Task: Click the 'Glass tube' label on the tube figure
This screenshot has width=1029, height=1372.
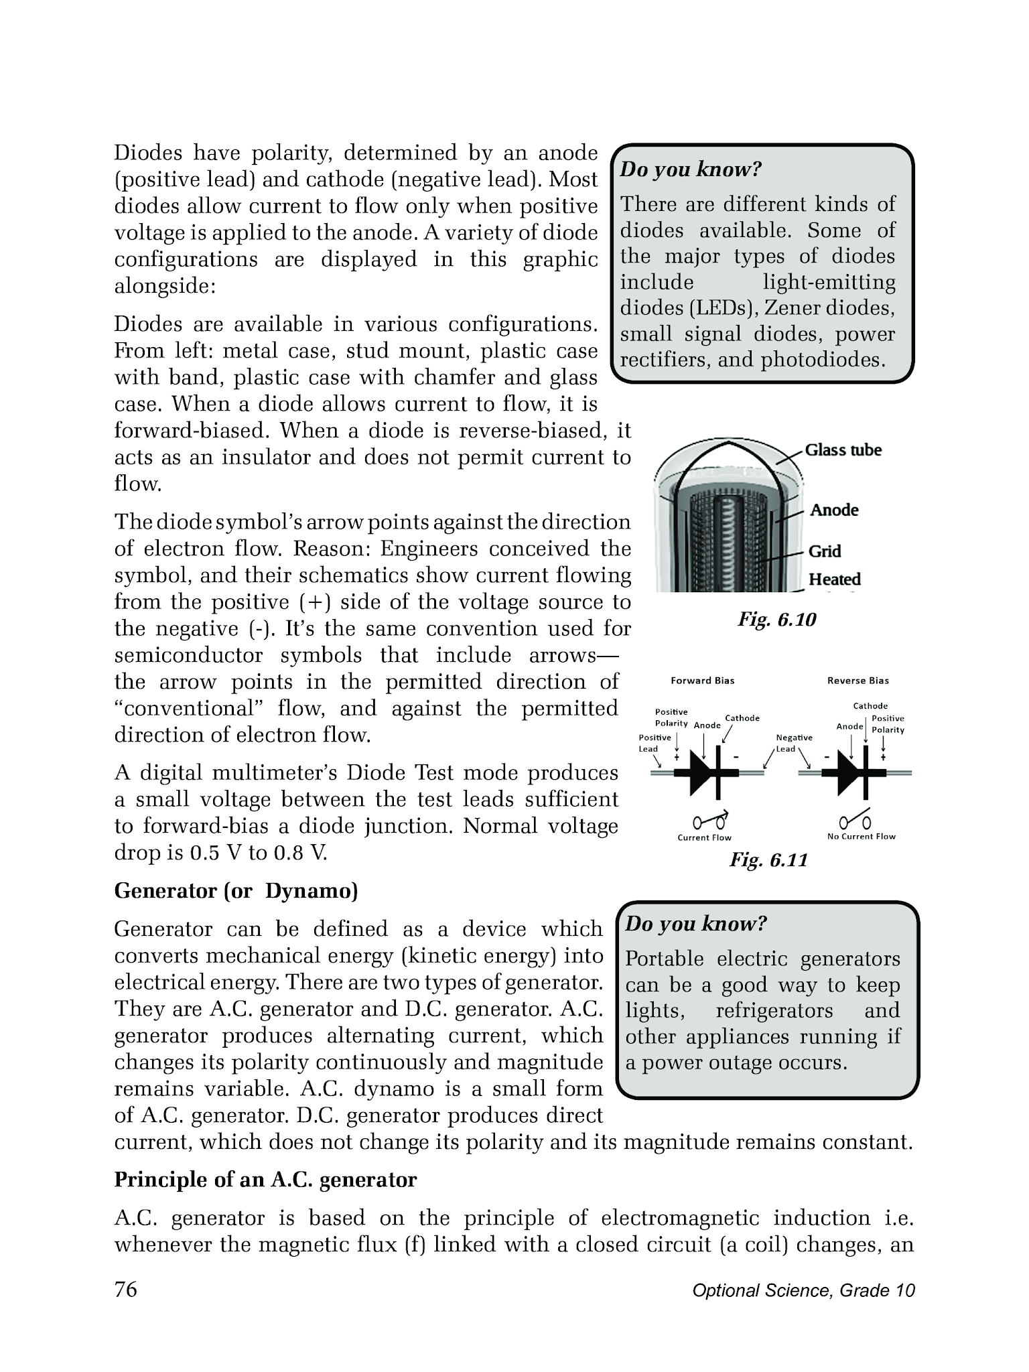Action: (843, 450)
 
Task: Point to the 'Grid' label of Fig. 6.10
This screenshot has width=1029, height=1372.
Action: (825, 551)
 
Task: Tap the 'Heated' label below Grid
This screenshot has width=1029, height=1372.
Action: (834, 579)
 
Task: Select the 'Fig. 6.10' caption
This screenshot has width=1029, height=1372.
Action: (777, 620)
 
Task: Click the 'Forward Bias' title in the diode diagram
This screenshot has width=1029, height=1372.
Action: (702, 681)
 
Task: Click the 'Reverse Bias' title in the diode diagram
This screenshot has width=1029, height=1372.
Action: (857, 681)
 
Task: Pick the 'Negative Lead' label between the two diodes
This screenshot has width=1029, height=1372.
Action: (794, 743)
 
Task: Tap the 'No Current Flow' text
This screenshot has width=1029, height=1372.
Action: (861, 837)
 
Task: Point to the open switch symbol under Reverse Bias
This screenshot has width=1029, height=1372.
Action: (855, 821)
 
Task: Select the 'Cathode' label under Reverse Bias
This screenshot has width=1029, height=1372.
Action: (870, 706)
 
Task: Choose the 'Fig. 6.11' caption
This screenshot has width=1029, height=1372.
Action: (768, 860)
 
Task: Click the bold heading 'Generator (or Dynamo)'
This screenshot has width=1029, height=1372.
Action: (236, 891)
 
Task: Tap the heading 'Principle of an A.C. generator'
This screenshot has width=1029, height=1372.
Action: (265, 1180)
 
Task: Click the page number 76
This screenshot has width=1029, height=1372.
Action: (126, 1289)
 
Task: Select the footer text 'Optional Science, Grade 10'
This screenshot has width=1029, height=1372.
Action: (803, 1290)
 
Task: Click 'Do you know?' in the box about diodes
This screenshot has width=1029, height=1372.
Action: (691, 169)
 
